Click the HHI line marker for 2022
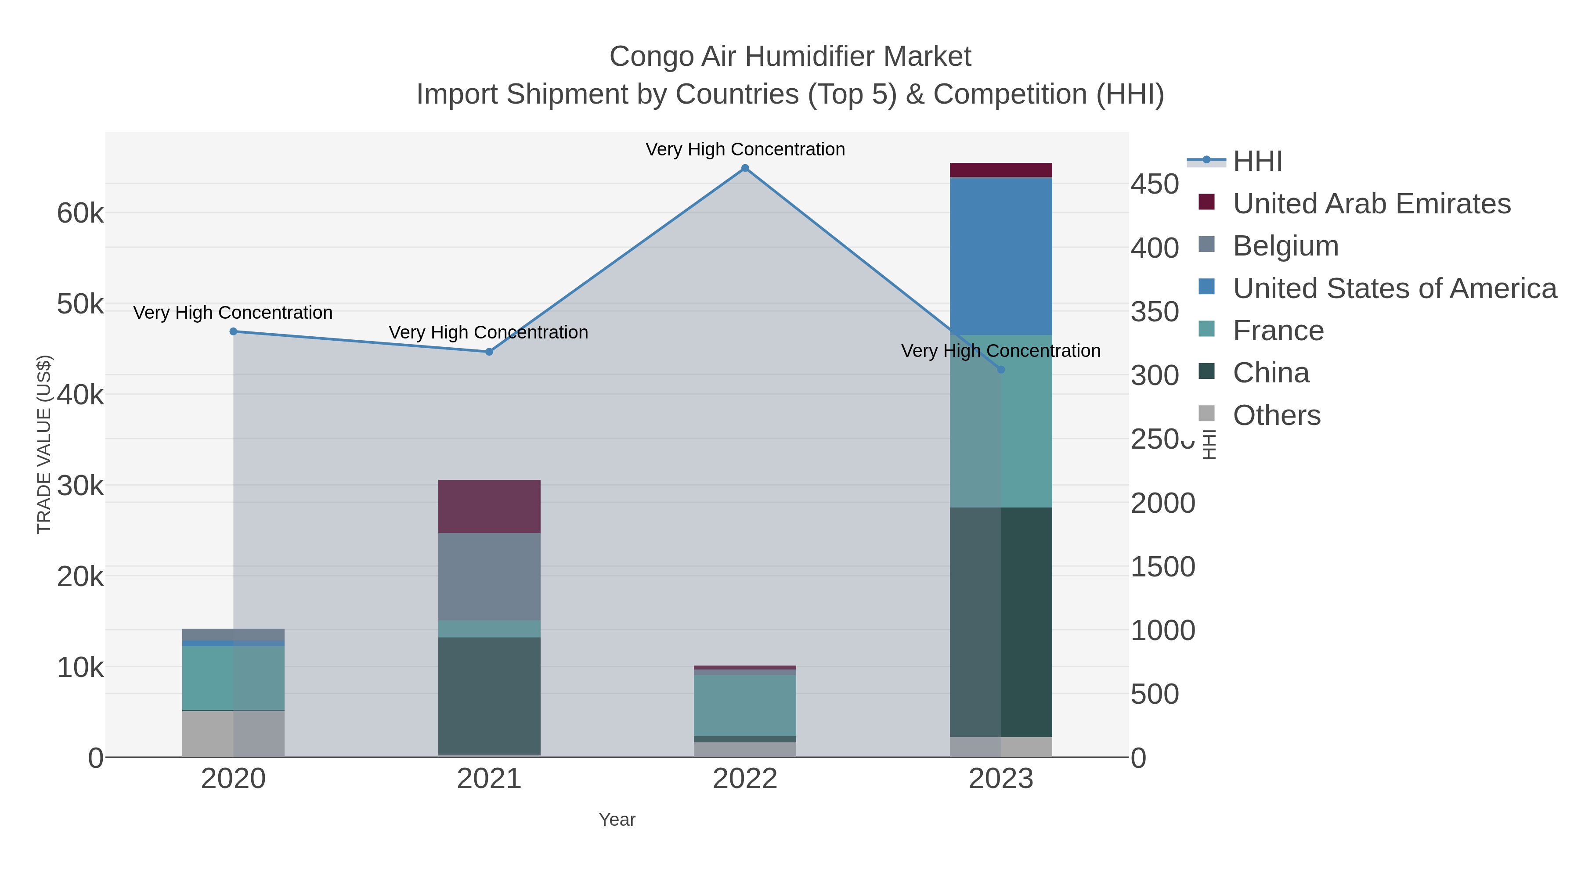(x=745, y=168)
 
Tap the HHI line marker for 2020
(x=233, y=331)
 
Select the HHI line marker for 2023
(x=1001, y=369)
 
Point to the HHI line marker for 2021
(x=489, y=352)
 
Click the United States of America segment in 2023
(x=1001, y=256)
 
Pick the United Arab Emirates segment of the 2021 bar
(x=489, y=506)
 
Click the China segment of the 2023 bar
(x=1001, y=622)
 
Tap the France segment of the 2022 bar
(x=745, y=705)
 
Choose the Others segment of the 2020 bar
(x=233, y=734)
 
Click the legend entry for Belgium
(x=1285, y=246)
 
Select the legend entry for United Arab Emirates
(x=1371, y=204)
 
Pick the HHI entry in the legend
(x=1257, y=162)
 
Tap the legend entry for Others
(x=1276, y=415)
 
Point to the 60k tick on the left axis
(x=80, y=213)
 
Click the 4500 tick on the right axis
(x=1155, y=184)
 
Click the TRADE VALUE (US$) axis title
(x=44, y=444)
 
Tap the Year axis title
(x=617, y=820)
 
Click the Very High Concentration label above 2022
(x=745, y=149)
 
